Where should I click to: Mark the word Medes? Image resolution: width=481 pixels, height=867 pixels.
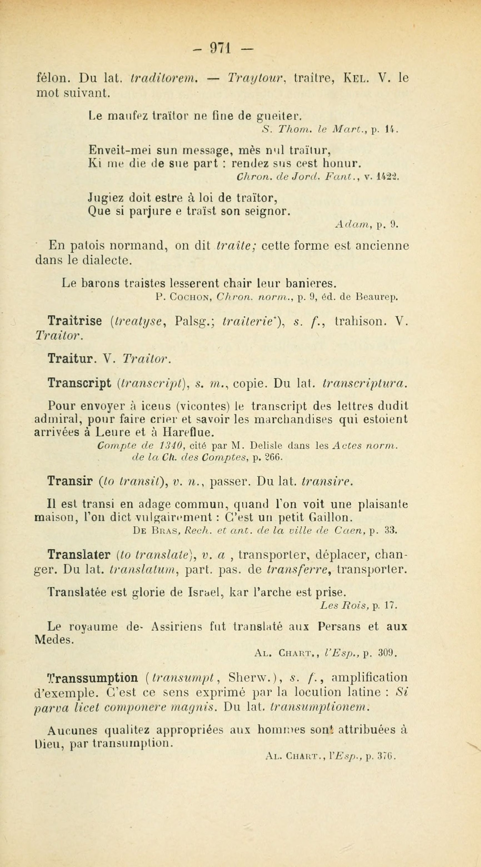(x=54, y=639)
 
